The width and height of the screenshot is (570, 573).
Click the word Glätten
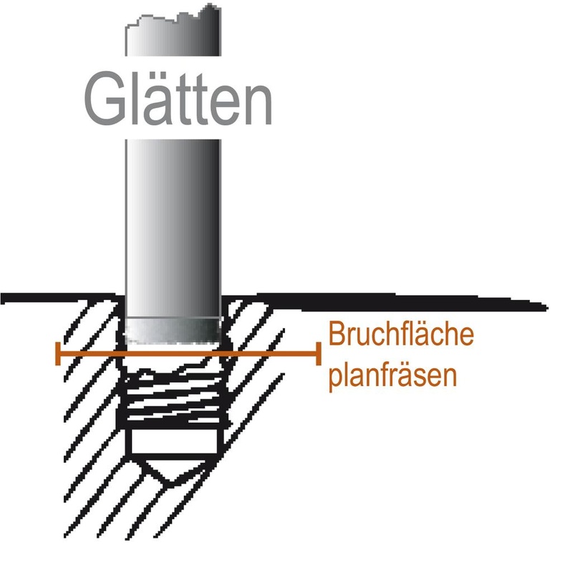(x=178, y=98)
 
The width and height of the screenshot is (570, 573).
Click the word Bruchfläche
(x=401, y=334)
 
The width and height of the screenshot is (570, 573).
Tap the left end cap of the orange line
(x=58, y=354)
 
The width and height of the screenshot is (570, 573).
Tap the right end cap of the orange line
(x=319, y=354)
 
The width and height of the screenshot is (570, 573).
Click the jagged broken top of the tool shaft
(x=173, y=16)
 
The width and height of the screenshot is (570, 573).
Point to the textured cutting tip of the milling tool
(x=173, y=331)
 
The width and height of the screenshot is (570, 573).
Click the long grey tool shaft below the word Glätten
(x=173, y=228)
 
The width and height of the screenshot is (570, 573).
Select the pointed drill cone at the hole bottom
(x=172, y=472)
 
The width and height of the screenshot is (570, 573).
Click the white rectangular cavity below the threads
(x=174, y=440)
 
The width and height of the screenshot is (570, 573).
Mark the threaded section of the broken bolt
(x=174, y=398)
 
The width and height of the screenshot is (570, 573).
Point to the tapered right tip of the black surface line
(x=546, y=308)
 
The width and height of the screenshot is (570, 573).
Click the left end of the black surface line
(x=2, y=298)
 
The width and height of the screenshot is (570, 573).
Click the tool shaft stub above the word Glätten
(x=173, y=30)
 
